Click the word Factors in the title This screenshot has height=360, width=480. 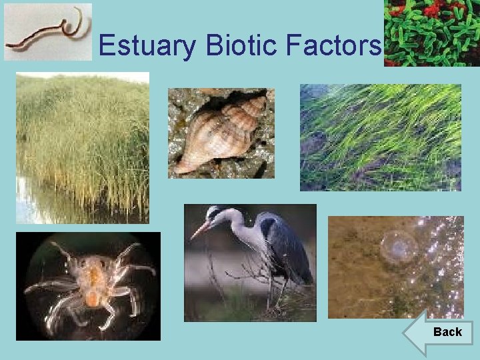(333, 46)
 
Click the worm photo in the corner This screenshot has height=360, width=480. (48, 31)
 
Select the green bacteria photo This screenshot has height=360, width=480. (432, 33)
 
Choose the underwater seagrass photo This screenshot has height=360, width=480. (380, 137)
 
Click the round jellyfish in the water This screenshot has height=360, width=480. (399, 247)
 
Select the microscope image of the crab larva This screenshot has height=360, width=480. (88, 285)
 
